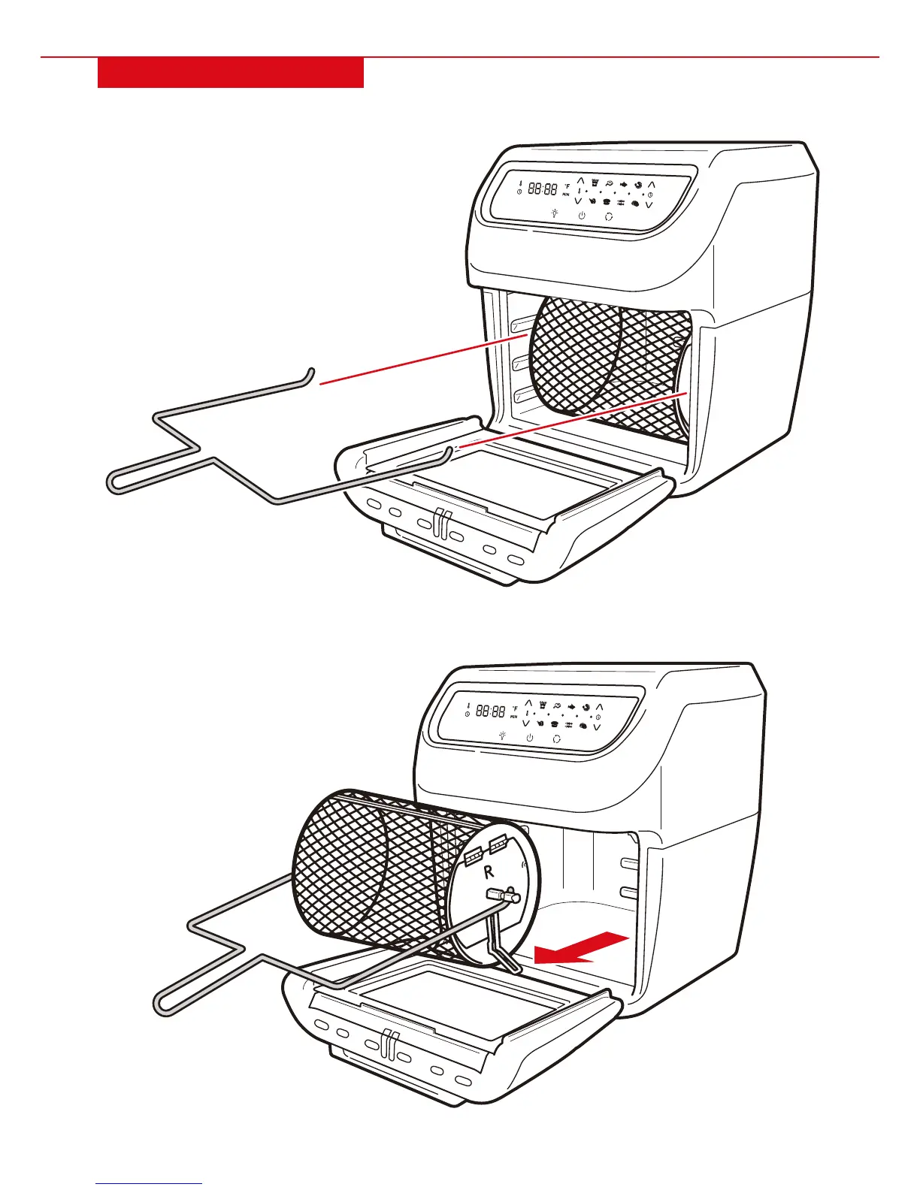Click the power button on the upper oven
[x=582, y=216]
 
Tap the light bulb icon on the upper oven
[x=554, y=213]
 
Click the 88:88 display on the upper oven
[x=542, y=189]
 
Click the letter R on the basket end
[x=489, y=872]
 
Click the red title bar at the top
[x=231, y=73]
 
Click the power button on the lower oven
[x=530, y=738]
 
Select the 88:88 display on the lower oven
[x=490, y=711]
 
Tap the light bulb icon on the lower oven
[x=502, y=735]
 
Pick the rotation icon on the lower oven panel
[x=557, y=738]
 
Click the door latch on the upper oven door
[x=440, y=521]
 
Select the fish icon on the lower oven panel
[x=573, y=707]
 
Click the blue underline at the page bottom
[x=149, y=1184]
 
